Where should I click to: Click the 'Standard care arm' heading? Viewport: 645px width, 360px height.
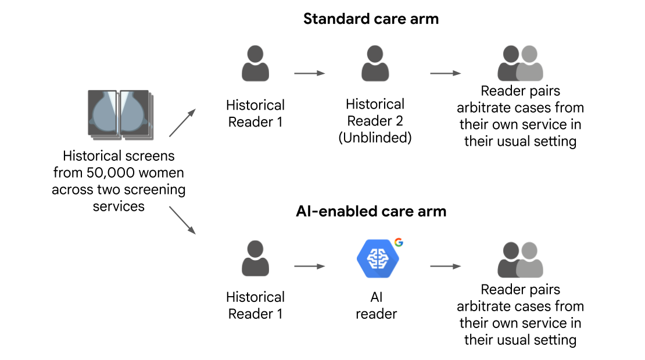click(371, 19)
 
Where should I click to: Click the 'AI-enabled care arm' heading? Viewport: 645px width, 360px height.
click(371, 211)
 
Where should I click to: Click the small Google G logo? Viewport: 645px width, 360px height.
click(399, 243)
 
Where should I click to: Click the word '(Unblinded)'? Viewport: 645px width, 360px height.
click(375, 139)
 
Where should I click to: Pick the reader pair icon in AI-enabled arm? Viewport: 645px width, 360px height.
click(520, 259)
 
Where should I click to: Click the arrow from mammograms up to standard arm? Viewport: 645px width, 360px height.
click(181, 123)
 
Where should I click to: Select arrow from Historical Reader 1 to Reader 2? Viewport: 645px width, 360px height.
click(309, 74)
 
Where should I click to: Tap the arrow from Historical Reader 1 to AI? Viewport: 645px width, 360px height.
click(309, 267)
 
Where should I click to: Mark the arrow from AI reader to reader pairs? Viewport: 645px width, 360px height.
click(445, 267)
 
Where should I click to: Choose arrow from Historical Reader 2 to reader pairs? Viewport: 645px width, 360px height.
click(445, 74)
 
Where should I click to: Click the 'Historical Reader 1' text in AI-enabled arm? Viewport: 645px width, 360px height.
click(255, 305)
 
